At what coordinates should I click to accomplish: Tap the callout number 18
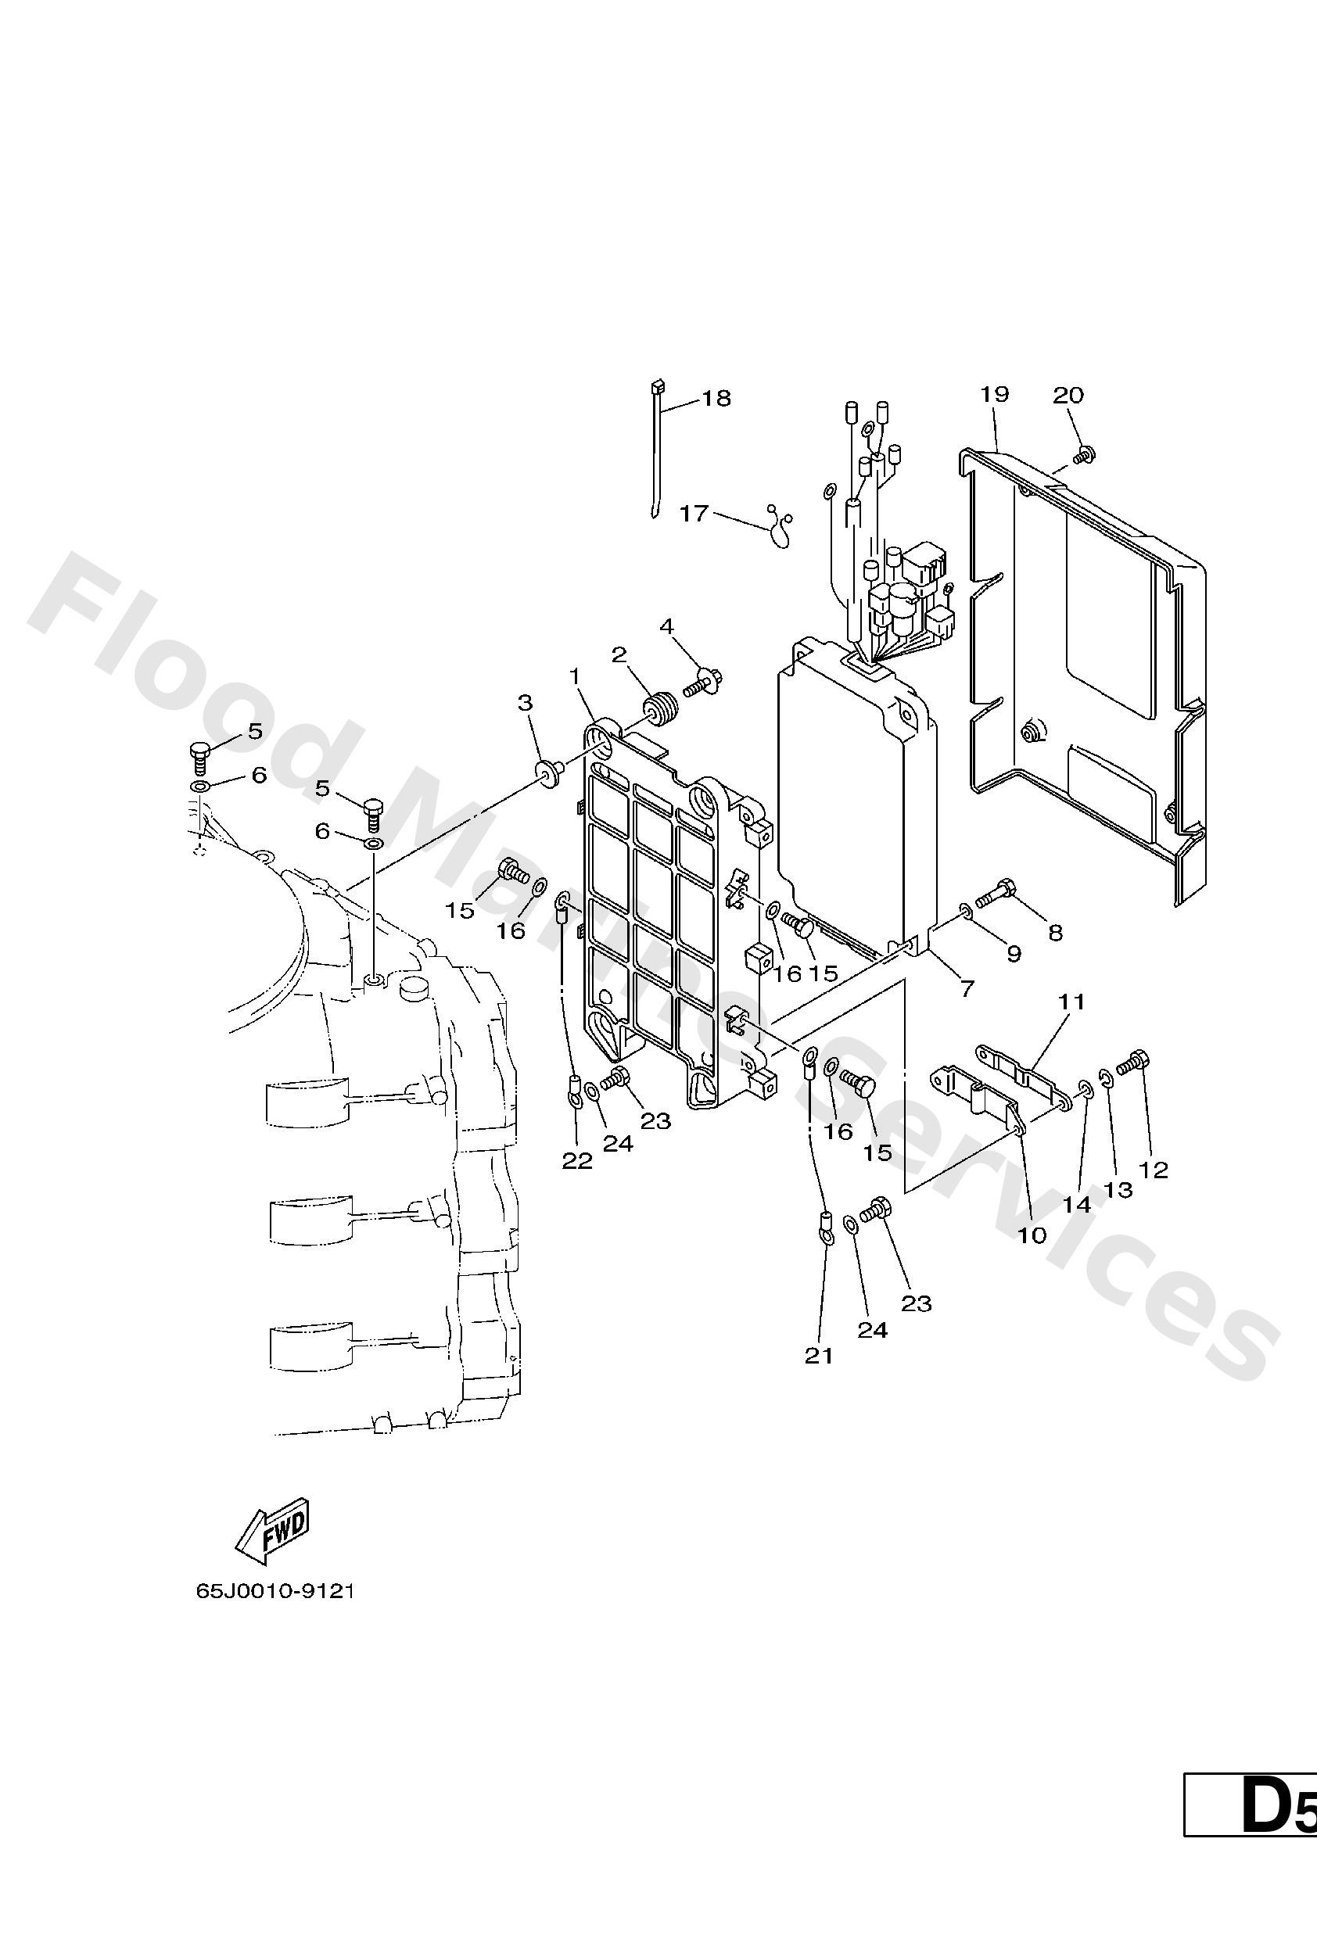coord(716,398)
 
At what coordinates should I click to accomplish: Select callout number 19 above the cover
coord(995,394)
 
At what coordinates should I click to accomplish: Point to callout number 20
coord(1068,395)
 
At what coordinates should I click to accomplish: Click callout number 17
coord(694,513)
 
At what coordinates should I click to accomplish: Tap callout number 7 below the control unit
coord(967,989)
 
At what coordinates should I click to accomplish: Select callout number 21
coord(819,1357)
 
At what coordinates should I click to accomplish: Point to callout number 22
coord(576,1160)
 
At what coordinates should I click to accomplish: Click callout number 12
coord(1154,1170)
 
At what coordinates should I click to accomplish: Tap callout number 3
coord(524,704)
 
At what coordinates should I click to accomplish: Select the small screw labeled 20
coord(1086,454)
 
